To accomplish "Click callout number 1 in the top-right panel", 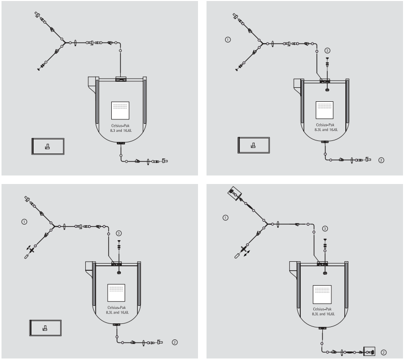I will coord(228,39).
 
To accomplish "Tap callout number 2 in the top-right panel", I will coord(381,160).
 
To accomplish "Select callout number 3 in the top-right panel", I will coord(327,50).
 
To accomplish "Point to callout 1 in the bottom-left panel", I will coord(24,221).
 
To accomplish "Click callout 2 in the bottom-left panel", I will coord(174,342).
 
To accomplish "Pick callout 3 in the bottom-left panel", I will coord(119,233).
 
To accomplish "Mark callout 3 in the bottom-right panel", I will coord(325,229).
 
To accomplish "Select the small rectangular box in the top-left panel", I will coord(48,146).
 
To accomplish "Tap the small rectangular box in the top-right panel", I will coord(253,146).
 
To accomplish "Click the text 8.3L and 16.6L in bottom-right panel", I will coord(323,313).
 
